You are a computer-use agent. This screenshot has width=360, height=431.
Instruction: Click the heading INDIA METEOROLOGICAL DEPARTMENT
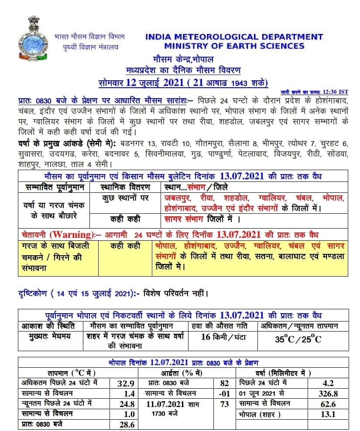(x=234, y=37)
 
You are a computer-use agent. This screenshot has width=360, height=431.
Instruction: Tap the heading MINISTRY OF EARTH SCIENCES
(x=234, y=46)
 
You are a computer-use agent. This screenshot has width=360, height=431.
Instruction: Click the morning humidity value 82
(x=225, y=383)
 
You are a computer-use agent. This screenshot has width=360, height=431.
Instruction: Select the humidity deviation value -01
(x=225, y=393)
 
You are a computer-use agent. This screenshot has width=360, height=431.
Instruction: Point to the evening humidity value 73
(x=225, y=404)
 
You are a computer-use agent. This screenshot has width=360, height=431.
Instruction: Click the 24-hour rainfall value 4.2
(x=328, y=383)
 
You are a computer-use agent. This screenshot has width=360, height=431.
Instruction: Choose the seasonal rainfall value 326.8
(x=328, y=393)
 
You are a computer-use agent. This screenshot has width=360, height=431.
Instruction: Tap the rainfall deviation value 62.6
(x=328, y=404)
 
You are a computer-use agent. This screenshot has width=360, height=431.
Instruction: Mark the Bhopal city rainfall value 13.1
(x=328, y=414)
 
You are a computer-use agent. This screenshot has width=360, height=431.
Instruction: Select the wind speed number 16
(x=207, y=336)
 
